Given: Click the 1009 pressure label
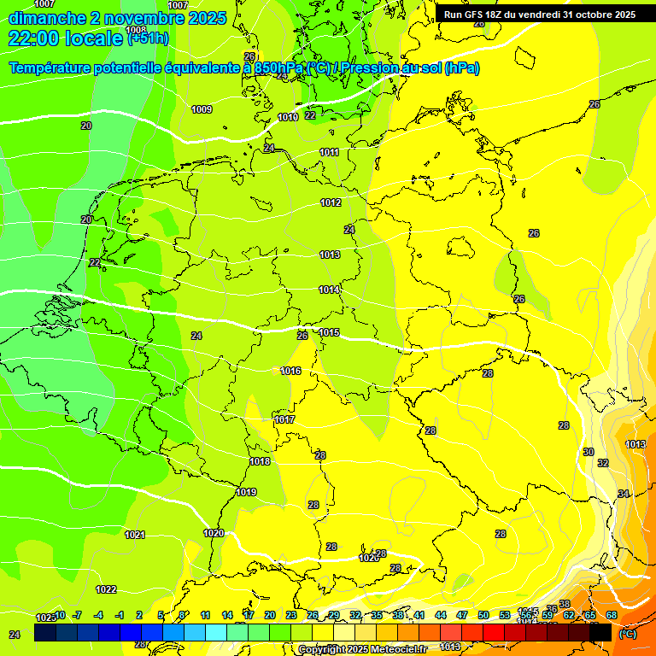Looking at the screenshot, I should point(202,109).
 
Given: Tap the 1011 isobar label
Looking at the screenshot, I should point(330,152).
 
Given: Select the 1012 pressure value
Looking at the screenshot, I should point(331,202).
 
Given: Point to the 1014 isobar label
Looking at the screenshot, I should point(330,290).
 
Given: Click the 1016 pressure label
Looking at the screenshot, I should point(290,371).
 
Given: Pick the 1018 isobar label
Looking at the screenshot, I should point(260,461).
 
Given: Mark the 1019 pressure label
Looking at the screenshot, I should point(247,492).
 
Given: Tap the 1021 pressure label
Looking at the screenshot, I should point(135,535).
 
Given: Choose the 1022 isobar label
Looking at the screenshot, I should point(106,589).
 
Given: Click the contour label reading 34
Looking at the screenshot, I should point(624,494).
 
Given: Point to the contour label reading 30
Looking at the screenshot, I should point(589,452).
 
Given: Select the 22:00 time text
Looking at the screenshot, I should point(35,38).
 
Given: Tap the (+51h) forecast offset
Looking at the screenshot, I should point(148,38).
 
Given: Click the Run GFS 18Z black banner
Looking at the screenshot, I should point(539,15).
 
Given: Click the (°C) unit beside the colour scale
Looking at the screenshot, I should point(627,634).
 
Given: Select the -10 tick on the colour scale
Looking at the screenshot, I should point(57,615).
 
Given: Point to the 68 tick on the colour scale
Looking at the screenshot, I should point(612,615).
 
